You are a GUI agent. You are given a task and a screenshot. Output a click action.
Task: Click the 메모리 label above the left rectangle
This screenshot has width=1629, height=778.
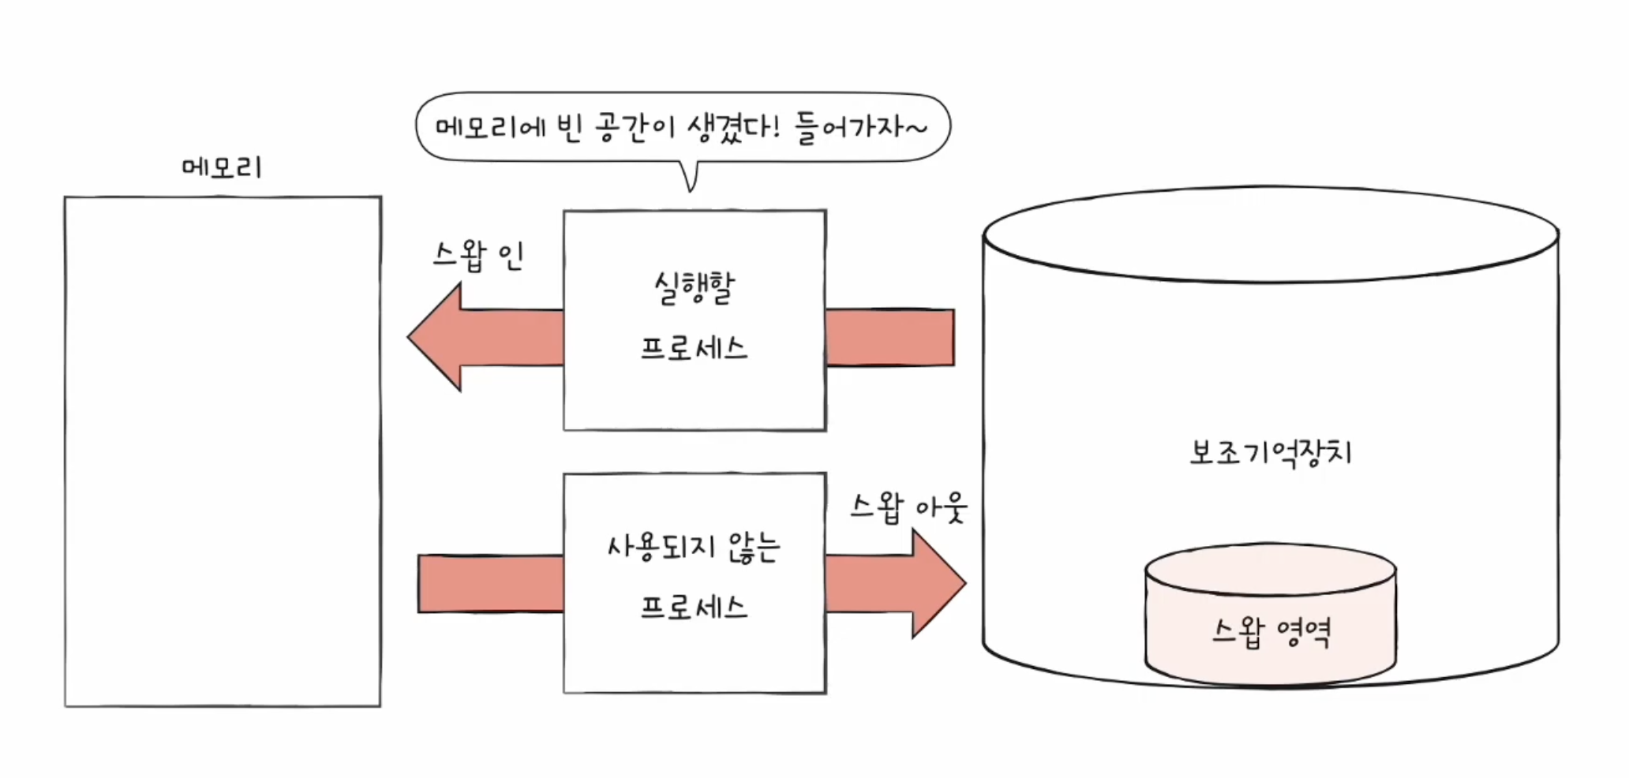(x=221, y=167)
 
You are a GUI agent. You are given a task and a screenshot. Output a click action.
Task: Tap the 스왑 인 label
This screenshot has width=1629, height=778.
(x=478, y=255)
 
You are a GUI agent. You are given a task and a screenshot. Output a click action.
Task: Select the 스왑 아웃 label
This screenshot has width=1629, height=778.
(x=908, y=507)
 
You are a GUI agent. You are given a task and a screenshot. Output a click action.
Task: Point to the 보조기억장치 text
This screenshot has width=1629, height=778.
(x=1271, y=453)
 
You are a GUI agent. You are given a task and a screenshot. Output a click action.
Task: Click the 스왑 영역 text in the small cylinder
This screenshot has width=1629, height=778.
(x=1271, y=632)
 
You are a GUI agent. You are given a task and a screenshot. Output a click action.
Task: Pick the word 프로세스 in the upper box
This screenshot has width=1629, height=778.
(x=694, y=348)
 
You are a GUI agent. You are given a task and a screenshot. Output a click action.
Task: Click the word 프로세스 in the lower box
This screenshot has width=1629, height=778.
(x=694, y=608)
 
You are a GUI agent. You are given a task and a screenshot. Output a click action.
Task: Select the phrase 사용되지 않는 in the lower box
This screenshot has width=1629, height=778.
(x=694, y=547)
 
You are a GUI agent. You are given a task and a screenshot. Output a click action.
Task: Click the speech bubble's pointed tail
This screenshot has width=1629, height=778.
(x=691, y=180)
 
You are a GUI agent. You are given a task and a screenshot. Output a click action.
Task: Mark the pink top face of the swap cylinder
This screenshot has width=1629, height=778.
(x=1271, y=568)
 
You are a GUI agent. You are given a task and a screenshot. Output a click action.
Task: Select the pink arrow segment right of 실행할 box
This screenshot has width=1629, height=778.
(x=890, y=337)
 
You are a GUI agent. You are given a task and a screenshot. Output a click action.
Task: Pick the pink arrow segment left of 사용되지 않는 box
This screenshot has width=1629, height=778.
(x=490, y=583)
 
